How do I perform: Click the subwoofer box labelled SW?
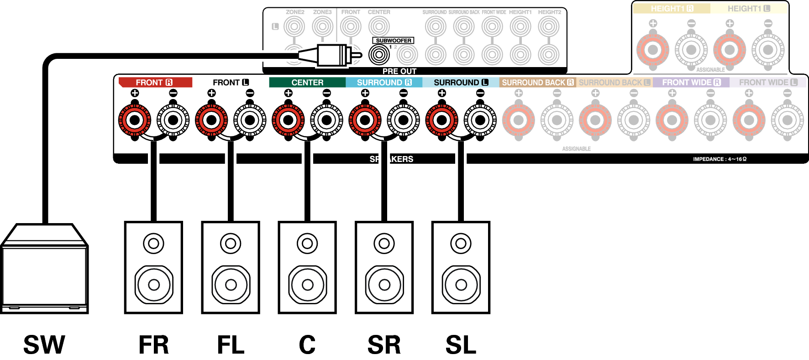(44, 274)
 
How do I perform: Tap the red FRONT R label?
(154, 83)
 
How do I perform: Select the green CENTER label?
(307, 83)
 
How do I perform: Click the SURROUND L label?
(461, 83)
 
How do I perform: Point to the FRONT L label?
(231, 83)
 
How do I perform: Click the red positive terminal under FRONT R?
(135, 120)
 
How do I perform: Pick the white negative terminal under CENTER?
(326, 120)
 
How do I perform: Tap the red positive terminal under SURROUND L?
(441, 120)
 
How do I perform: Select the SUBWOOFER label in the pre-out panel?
(393, 41)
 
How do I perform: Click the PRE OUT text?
(399, 71)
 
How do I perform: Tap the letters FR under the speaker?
(154, 345)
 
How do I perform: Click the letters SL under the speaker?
(461, 345)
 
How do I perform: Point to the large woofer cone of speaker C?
(307, 285)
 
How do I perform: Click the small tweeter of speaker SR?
(384, 244)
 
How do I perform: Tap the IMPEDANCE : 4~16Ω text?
(720, 159)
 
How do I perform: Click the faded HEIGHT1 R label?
(672, 9)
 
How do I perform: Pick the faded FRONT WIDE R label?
(691, 83)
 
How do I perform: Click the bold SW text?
(44, 345)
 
